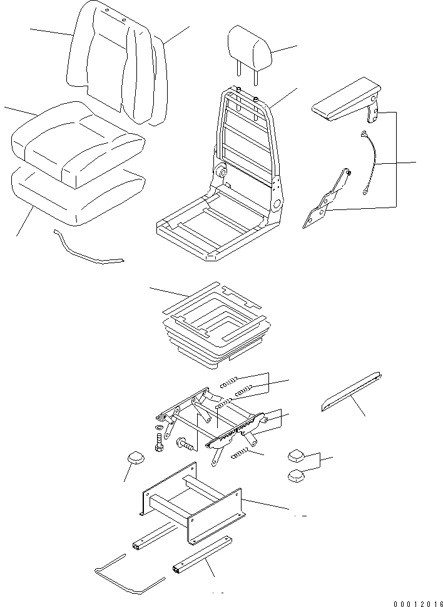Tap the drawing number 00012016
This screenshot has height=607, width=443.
[x=417, y=603]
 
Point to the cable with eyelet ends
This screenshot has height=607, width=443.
[x=370, y=161]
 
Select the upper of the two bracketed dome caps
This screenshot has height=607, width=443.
[x=297, y=454]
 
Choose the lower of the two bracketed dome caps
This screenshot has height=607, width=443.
[x=297, y=476]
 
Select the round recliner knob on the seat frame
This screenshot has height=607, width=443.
[x=221, y=171]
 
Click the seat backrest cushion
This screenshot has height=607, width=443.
[x=119, y=63]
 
